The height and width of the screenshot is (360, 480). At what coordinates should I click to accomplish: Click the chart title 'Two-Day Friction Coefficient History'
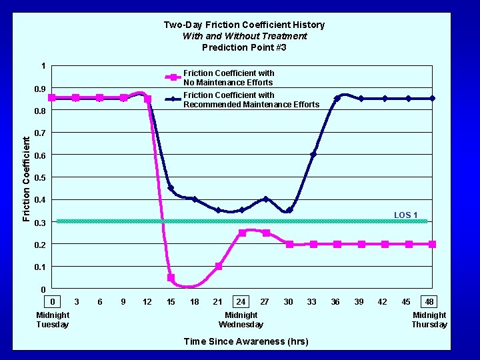click(244, 25)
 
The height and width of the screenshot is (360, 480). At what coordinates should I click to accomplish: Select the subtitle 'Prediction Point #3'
click(244, 47)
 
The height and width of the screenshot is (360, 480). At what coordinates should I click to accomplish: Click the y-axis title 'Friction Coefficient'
click(26, 178)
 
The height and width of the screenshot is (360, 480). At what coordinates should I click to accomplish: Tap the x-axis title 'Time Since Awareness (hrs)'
click(245, 341)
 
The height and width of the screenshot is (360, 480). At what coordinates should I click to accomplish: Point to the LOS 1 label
click(405, 215)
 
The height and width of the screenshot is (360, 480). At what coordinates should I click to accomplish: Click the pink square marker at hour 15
click(171, 278)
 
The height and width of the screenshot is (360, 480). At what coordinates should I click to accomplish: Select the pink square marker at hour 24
click(242, 233)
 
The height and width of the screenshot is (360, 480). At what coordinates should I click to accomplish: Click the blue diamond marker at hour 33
click(313, 155)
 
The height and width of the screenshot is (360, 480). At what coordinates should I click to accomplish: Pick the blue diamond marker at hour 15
click(171, 188)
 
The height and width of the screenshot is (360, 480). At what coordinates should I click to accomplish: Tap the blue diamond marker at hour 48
click(432, 99)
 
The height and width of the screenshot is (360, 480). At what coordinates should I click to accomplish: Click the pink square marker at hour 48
click(432, 245)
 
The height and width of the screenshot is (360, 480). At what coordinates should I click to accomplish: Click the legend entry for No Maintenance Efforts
click(228, 77)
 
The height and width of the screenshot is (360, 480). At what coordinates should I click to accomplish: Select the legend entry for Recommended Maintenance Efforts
click(251, 99)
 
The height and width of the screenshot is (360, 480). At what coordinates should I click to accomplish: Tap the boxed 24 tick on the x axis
click(241, 302)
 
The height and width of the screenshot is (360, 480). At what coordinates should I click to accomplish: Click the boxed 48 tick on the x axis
click(430, 302)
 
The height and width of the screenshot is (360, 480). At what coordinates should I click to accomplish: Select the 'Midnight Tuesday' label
click(53, 319)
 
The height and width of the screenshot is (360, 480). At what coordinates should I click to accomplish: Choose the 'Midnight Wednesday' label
click(241, 319)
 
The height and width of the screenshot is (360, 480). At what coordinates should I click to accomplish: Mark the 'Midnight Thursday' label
click(429, 319)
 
